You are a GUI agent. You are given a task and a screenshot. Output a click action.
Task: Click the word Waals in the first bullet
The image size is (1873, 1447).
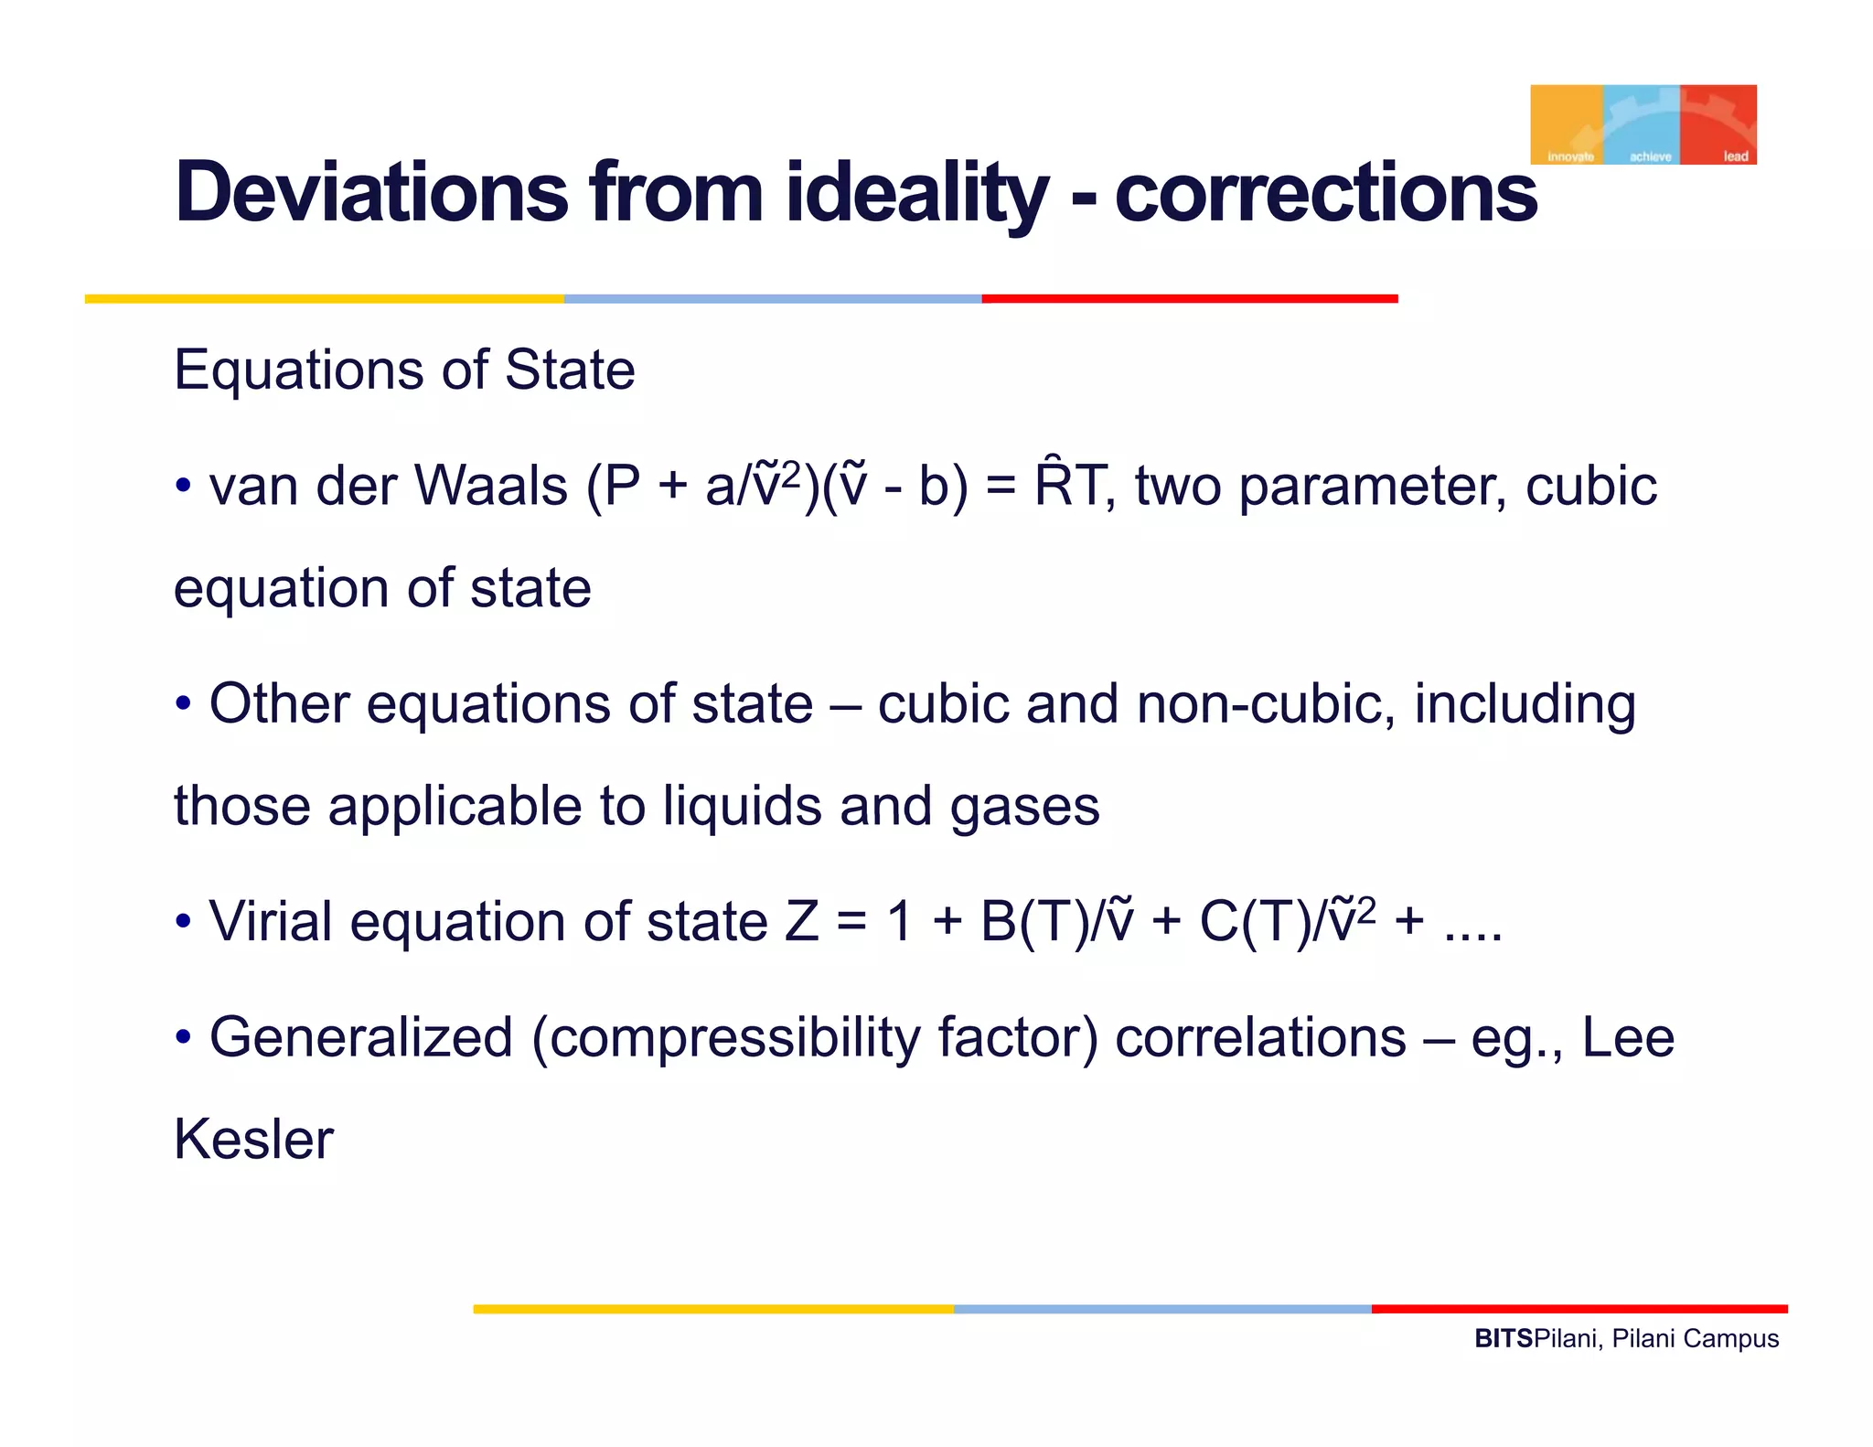(x=490, y=486)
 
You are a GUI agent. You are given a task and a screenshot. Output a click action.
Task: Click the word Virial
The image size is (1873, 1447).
(x=271, y=921)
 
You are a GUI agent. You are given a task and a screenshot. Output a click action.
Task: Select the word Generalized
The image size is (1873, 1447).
(x=361, y=1038)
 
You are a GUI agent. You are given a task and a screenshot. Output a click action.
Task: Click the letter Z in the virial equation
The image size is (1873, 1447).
(x=801, y=921)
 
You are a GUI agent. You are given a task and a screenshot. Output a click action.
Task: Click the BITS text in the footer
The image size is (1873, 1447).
(x=1503, y=1339)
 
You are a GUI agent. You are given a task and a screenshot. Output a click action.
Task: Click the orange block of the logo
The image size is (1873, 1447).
(x=1566, y=123)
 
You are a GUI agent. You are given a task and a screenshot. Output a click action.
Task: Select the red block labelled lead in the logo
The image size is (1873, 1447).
(x=1718, y=123)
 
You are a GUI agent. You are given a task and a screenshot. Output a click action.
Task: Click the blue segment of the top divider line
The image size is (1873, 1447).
(x=773, y=299)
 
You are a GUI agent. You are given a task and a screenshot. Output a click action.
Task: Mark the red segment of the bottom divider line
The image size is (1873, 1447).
(x=1579, y=1309)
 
